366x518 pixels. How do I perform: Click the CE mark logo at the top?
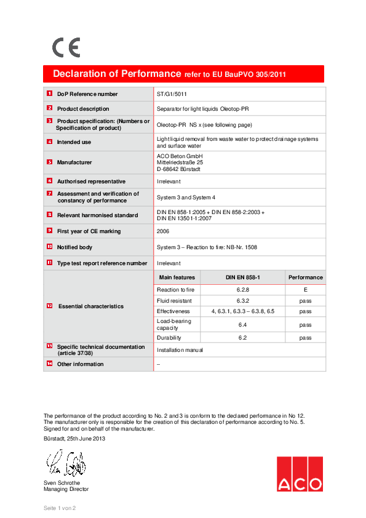pos(65,47)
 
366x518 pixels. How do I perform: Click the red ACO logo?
pos(299,474)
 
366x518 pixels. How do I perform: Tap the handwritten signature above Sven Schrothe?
pos(63,463)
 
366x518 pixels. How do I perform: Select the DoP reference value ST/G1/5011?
pos(172,94)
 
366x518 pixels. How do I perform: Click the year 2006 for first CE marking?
pos(164,231)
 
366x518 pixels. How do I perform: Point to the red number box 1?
pos(49,94)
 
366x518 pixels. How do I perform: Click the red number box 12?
pos(49,306)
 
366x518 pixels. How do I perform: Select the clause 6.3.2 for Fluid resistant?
pos(242,301)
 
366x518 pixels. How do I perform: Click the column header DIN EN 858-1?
pos(242,277)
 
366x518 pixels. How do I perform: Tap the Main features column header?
pos(177,277)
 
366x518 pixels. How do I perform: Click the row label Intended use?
pos(74,142)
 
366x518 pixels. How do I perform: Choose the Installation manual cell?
pos(180,349)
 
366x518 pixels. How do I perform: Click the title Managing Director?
pos(66,489)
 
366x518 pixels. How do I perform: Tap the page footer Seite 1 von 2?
pos(59,508)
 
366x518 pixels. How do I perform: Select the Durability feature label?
pos(169,338)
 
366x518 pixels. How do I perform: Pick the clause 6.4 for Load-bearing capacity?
pos(242,324)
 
